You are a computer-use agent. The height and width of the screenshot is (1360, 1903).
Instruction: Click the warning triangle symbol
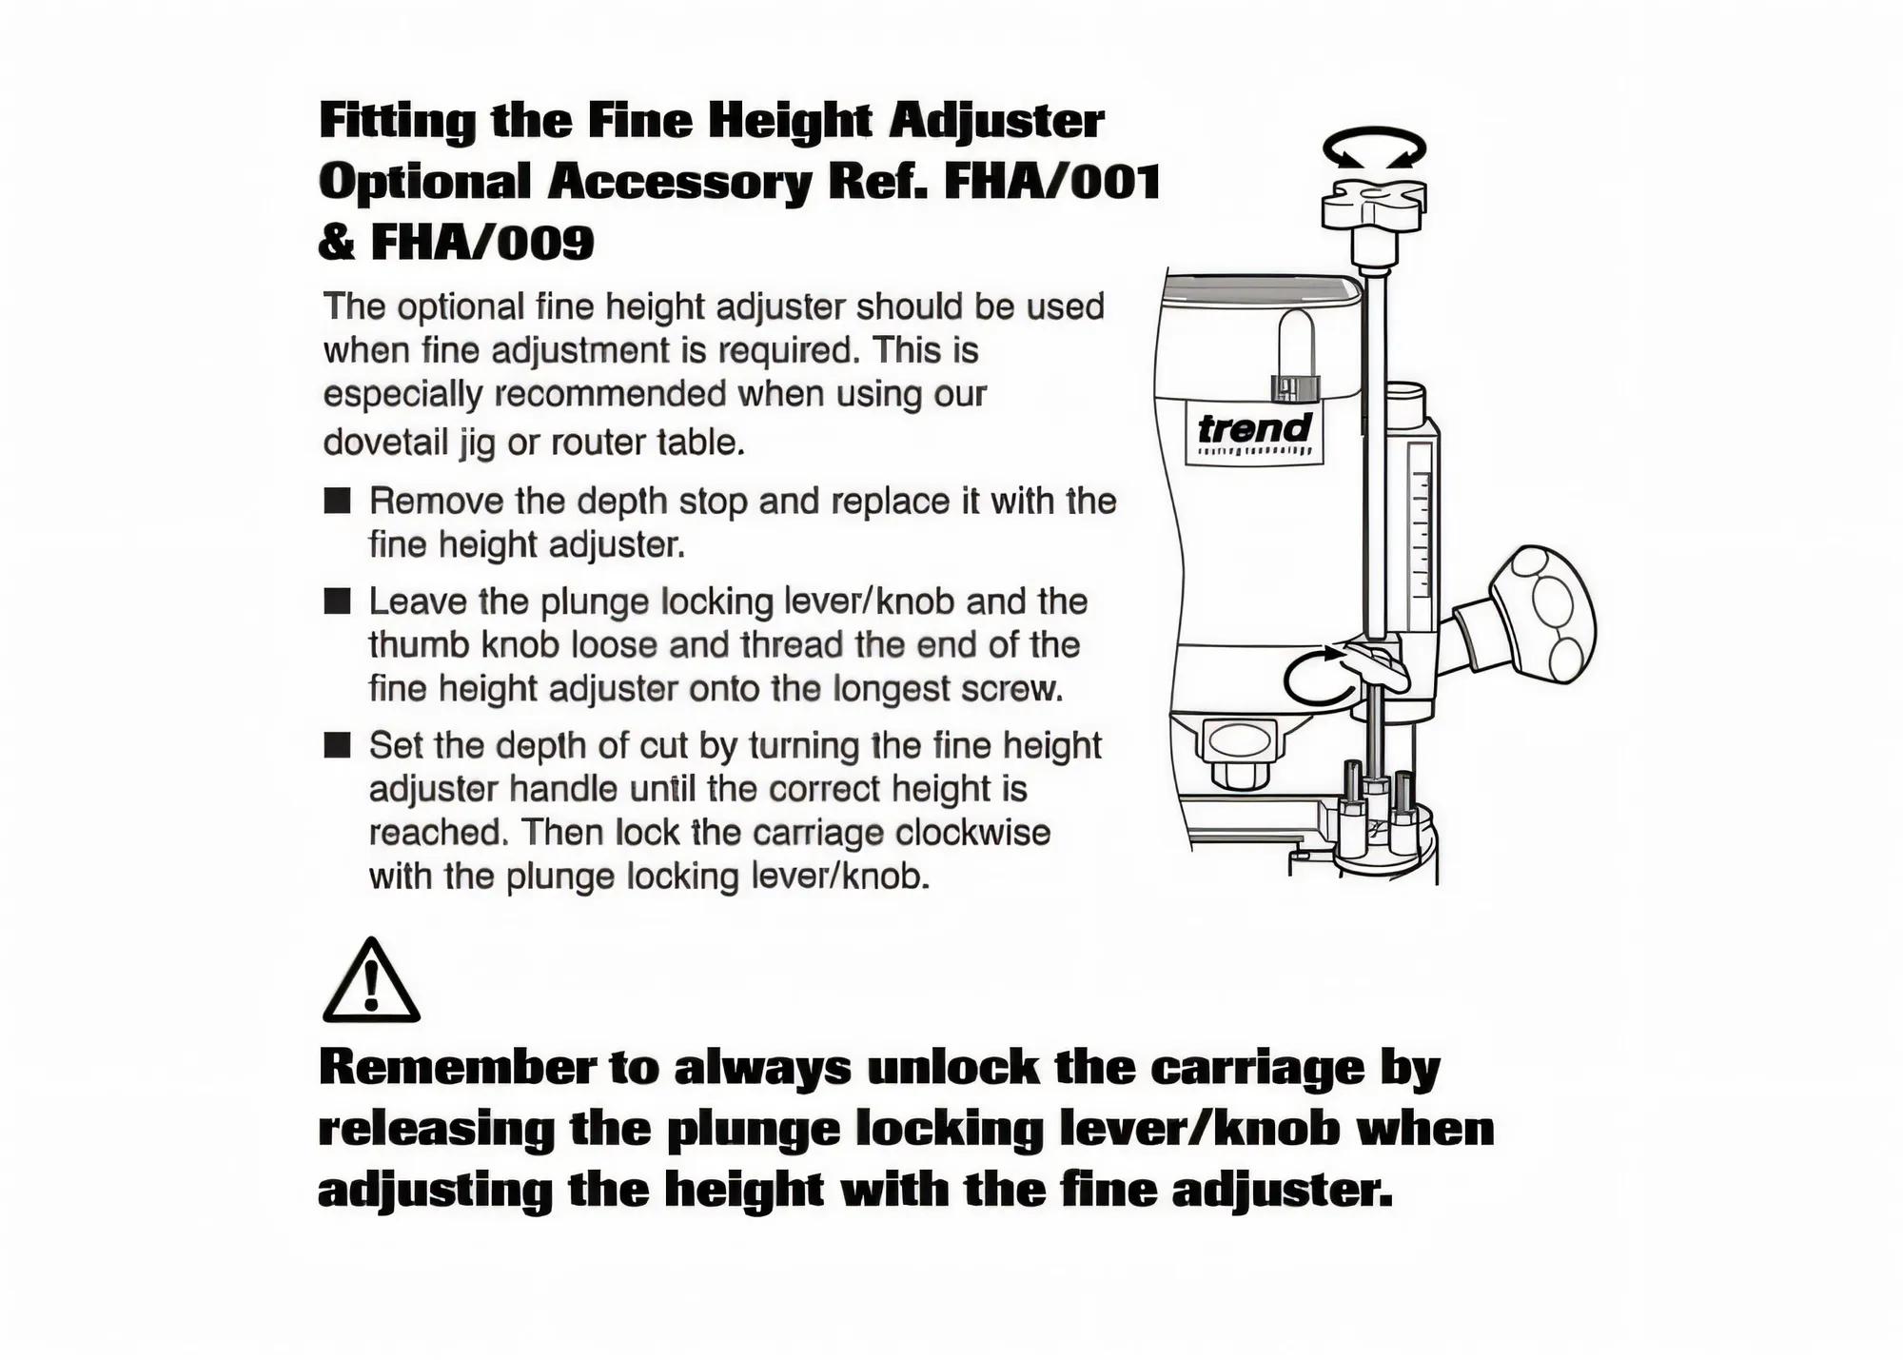pyautogui.click(x=371, y=980)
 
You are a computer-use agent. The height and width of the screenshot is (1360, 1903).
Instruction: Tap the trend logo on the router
pyautogui.click(x=1255, y=434)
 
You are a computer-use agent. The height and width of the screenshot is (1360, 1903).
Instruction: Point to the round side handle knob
pyautogui.click(x=1542, y=615)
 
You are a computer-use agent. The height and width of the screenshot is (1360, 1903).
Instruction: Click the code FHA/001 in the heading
pyautogui.click(x=1052, y=181)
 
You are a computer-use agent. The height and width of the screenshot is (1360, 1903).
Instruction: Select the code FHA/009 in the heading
pyautogui.click(x=482, y=242)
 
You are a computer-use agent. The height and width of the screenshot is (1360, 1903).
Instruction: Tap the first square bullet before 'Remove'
pyautogui.click(x=337, y=501)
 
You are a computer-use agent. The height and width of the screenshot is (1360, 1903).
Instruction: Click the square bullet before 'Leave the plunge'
pyautogui.click(x=337, y=601)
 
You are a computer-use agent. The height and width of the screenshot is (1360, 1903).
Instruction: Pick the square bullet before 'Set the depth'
pyautogui.click(x=337, y=744)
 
